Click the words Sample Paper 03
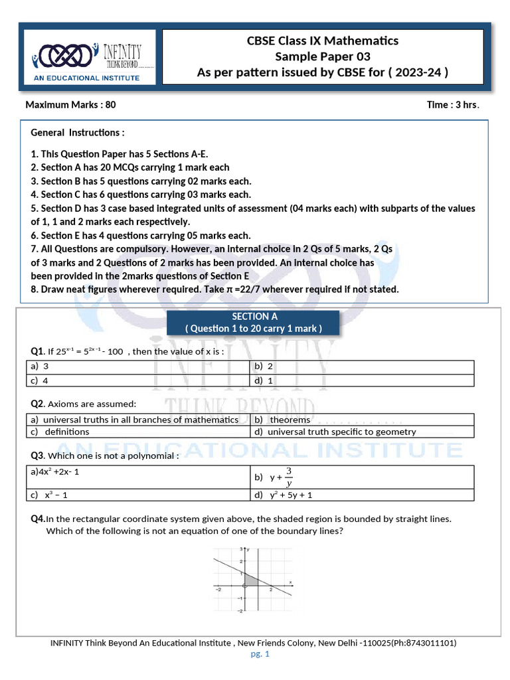coord(323,56)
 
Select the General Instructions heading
coord(78,133)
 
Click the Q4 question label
coord(37,518)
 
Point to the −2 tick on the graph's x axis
coord(218,589)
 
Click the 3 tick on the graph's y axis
coord(240,550)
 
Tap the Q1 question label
coord(37,351)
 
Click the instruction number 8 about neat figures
coord(34,290)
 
